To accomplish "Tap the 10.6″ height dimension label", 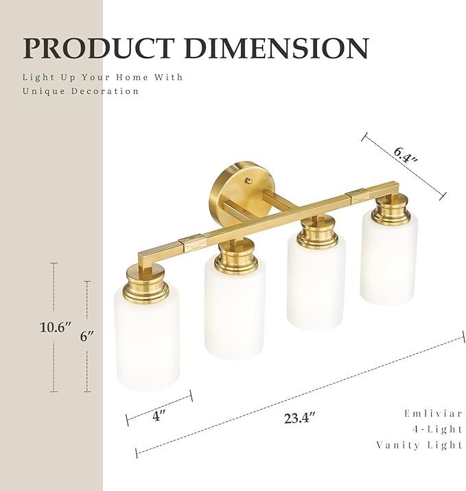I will point(55,328).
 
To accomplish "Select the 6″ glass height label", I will point(86,336).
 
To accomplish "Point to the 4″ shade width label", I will point(159,416).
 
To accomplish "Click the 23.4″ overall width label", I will point(299,417).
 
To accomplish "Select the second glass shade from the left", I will point(234,315).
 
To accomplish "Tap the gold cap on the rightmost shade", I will point(391,210).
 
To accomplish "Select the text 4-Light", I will point(438,429).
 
